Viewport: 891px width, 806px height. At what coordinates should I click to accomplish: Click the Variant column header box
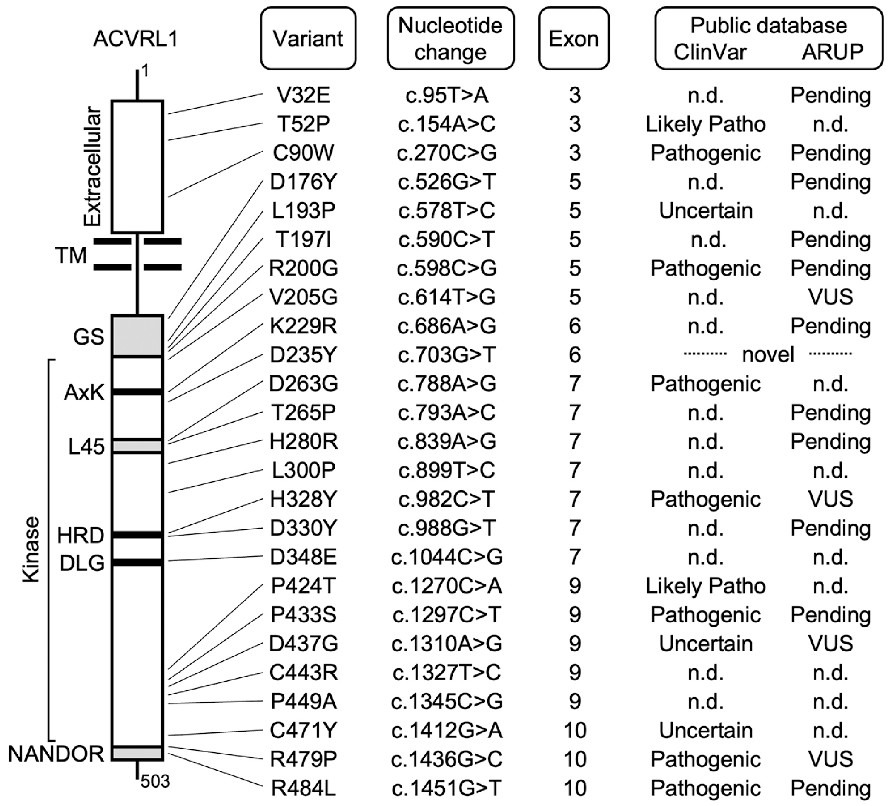tap(308, 38)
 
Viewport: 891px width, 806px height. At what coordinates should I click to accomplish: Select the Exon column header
tap(574, 39)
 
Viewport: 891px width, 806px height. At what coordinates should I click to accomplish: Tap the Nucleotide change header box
tap(450, 38)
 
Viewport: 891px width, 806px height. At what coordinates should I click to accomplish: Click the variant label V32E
tap(303, 95)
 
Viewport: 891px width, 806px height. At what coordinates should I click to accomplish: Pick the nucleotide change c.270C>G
tap(446, 153)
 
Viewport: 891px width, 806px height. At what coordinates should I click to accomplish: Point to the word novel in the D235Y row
tap(768, 355)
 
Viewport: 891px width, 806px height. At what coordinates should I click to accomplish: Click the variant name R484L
tap(303, 788)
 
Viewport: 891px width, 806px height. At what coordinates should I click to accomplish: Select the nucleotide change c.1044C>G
tap(446, 557)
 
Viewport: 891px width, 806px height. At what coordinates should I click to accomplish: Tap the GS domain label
tap(88, 337)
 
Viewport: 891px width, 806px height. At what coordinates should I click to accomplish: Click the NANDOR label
tap(56, 754)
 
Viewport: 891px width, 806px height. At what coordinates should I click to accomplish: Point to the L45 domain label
tap(86, 446)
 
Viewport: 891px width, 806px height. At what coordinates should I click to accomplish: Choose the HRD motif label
tap(80, 535)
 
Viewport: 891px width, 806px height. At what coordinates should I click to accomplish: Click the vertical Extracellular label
tap(93, 167)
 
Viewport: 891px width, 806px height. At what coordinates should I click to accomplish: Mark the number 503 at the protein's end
tap(155, 782)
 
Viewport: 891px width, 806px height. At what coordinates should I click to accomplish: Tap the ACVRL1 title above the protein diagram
tap(136, 39)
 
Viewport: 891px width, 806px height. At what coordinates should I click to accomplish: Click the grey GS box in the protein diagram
tap(137, 336)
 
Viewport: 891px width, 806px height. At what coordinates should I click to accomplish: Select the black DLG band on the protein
tap(137, 562)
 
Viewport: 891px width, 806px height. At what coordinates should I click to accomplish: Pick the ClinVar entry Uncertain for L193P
tap(705, 211)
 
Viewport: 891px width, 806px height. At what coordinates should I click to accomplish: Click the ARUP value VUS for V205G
tap(830, 297)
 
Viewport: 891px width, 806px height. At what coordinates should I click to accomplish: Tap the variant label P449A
tap(303, 702)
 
